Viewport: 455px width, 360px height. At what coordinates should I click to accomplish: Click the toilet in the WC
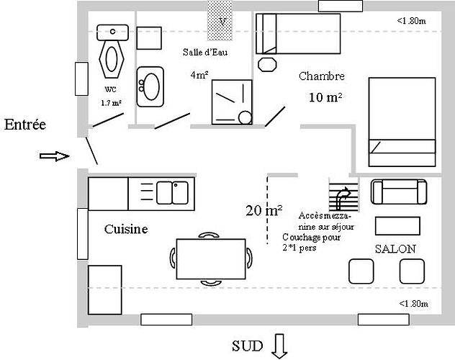coord(112,51)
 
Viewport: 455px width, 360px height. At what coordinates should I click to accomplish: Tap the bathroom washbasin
coord(150,86)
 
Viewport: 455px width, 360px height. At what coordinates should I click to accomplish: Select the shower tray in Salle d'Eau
coord(232,102)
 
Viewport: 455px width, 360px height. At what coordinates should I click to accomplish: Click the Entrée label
coord(25,125)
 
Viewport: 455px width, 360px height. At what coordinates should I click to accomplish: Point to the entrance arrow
coord(54,156)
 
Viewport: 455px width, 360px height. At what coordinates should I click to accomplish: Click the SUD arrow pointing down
coord(279,346)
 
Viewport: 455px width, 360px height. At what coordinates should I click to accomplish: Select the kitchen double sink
coord(172,193)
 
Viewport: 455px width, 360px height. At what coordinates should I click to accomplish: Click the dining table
coord(211,258)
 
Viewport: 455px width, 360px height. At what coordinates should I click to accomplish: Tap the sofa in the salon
coord(399,192)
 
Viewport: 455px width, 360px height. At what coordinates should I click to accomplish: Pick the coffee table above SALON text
coord(397,225)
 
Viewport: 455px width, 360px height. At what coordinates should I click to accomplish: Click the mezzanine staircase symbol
coord(344,194)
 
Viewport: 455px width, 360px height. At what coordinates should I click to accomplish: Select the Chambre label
coord(322,76)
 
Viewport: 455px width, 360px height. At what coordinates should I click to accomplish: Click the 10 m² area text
coord(325,97)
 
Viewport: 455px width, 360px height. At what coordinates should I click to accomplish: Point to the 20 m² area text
coord(264,210)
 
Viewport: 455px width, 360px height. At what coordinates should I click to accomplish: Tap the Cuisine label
coord(126,229)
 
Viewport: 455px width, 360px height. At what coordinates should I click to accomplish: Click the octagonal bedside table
coord(267,64)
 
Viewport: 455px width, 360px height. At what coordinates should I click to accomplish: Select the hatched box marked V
coord(220,20)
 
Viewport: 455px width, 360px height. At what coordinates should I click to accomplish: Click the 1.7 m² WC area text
coord(111,103)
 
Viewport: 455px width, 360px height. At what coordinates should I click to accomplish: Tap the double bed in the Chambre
coord(402,122)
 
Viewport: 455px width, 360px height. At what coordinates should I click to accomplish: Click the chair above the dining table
coord(209,235)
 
